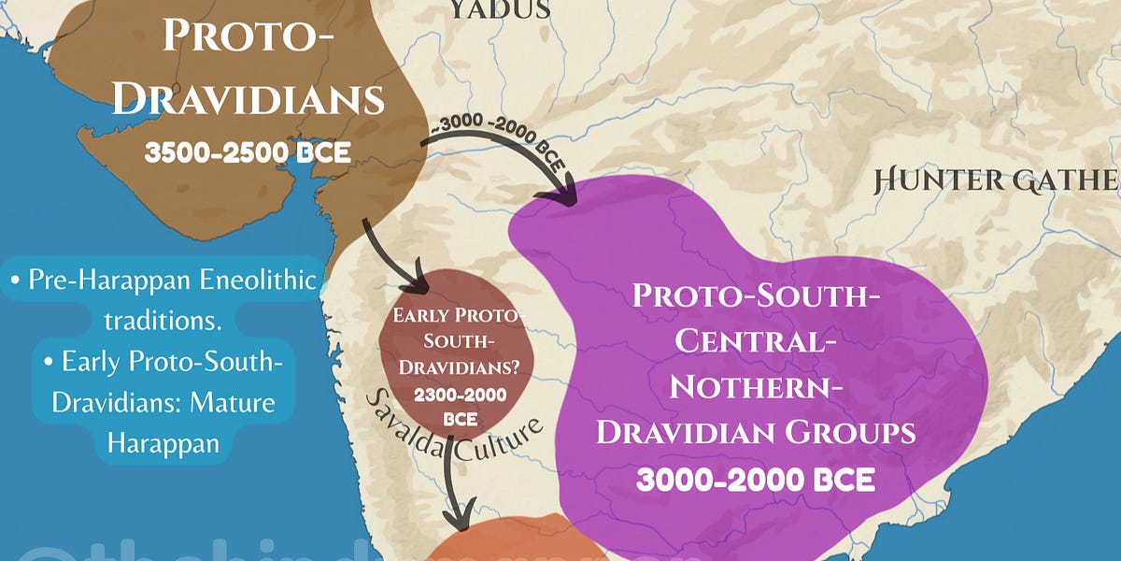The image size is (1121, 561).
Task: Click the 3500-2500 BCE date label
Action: (x=248, y=151)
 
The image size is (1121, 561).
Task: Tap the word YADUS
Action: (x=500, y=9)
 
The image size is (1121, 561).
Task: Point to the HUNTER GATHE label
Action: (x=995, y=180)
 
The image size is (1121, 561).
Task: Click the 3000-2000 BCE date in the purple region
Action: (x=755, y=480)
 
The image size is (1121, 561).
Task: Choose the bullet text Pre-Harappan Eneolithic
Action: (x=163, y=279)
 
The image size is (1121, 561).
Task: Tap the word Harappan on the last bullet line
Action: (x=163, y=442)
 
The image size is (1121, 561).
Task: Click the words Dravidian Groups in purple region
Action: (x=755, y=431)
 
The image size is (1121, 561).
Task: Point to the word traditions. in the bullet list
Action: (x=163, y=319)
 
